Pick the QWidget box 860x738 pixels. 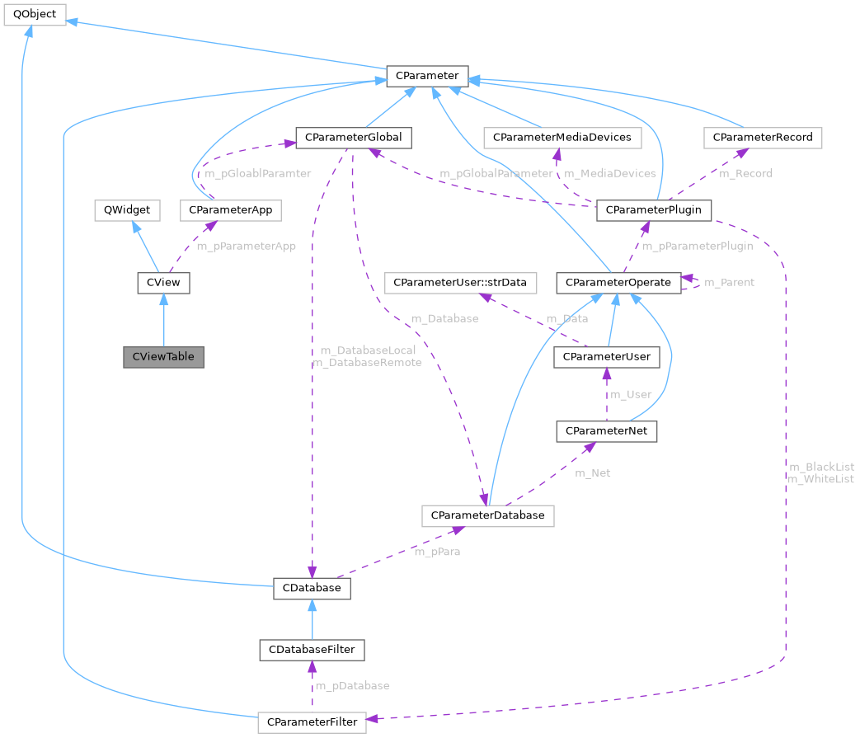(x=122, y=210)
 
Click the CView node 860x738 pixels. (x=163, y=283)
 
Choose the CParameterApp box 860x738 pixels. (x=230, y=210)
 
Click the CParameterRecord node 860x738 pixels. (x=763, y=137)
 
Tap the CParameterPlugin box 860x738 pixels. (x=653, y=210)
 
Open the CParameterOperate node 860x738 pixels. (x=618, y=283)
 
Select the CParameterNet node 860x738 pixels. (x=607, y=430)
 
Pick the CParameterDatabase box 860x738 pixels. (x=487, y=515)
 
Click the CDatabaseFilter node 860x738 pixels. (x=311, y=649)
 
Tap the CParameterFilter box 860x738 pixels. (x=311, y=722)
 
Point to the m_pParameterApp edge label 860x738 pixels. (x=246, y=246)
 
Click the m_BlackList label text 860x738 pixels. (x=820, y=467)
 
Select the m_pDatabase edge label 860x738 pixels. (x=352, y=685)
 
